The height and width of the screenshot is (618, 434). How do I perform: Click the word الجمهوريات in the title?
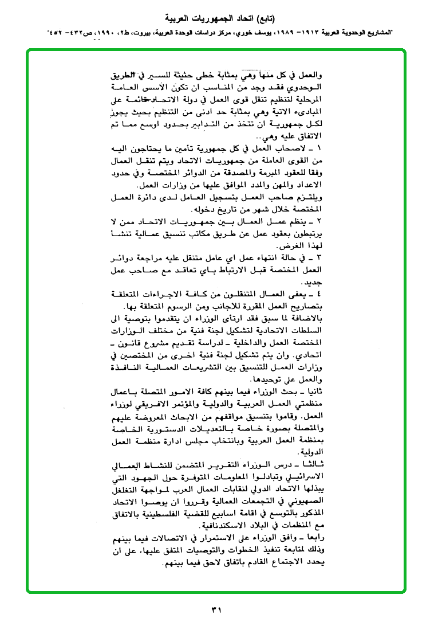point(218,15)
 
